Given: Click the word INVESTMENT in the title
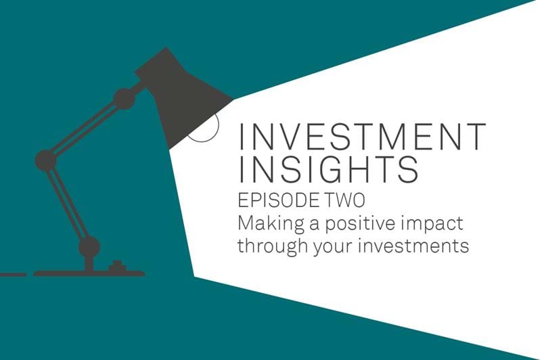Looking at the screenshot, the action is click(x=362, y=137).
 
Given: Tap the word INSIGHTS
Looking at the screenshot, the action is click(x=329, y=169).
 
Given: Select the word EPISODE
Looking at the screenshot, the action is click(x=277, y=200).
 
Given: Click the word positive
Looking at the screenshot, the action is click(x=360, y=224).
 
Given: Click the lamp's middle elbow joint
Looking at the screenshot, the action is click(x=46, y=160).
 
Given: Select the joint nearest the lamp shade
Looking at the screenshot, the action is click(x=125, y=99).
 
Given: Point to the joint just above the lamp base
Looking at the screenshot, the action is click(x=89, y=247).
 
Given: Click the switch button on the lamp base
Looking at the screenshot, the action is click(x=116, y=267).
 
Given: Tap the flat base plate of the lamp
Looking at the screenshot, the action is click(x=89, y=274).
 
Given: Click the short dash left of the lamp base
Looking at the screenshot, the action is click(x=13, y=275).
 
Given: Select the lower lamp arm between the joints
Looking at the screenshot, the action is click(x=68, y=204).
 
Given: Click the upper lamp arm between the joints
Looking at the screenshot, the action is click(x=85, y=129).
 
